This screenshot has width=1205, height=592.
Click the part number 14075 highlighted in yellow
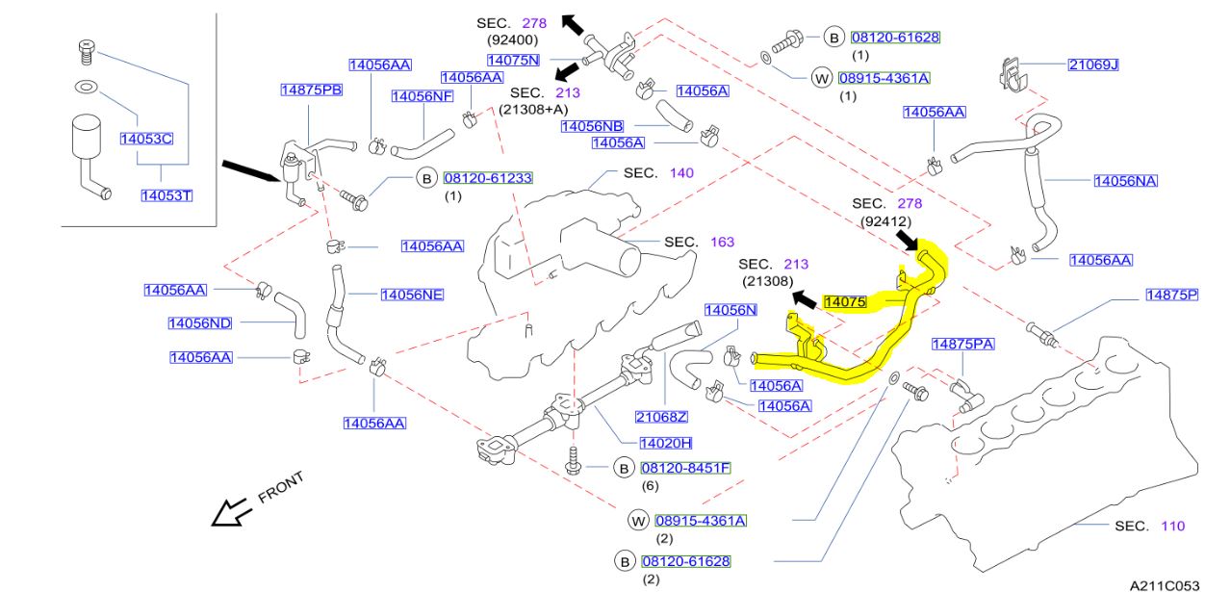point(845,301)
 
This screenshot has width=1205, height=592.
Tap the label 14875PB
point(311,90)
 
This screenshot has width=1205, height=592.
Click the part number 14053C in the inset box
point(145,139)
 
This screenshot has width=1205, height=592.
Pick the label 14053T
point(167,195)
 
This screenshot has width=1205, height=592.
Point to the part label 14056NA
point(1125,180)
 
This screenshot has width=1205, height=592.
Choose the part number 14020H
point(665,443)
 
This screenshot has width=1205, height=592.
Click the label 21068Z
point(661,417)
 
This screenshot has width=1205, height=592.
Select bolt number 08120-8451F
point(686,468)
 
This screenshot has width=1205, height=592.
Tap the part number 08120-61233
point(487,178)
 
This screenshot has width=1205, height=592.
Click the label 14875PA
point(961,344)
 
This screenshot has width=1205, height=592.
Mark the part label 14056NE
point(412,295)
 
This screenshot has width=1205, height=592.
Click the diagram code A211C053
point(1165,584)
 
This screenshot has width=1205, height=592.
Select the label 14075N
point(513,60)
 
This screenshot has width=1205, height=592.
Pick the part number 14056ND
point(200,322)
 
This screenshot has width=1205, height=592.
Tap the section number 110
point(1172,526)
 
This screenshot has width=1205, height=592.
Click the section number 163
point(722,242)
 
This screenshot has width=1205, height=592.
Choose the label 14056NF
point(423,96)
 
